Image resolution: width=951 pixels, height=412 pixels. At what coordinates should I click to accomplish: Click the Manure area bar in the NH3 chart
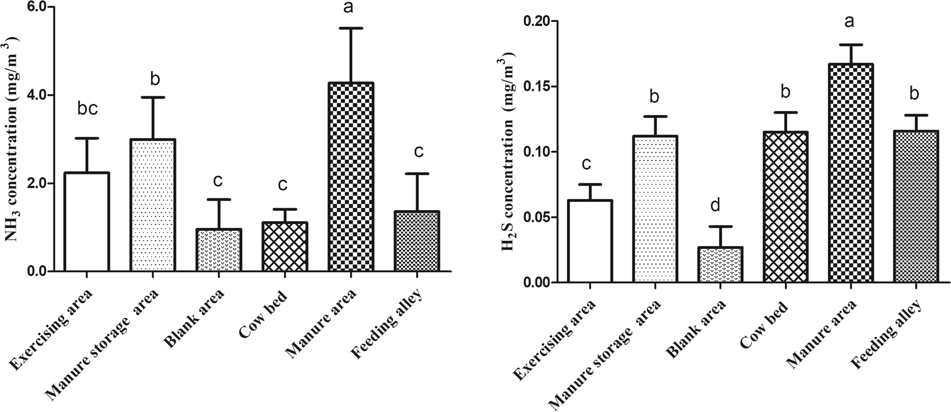tap(351, 177)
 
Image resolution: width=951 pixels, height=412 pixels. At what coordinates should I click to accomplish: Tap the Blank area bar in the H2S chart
tap(721, 265)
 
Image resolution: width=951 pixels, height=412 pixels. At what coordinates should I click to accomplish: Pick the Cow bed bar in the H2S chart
tap(786, 207)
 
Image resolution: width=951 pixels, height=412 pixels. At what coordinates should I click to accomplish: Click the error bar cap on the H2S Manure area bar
tap(851, 45)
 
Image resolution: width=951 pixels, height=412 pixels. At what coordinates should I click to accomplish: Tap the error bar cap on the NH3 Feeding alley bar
tap(417, 174)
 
